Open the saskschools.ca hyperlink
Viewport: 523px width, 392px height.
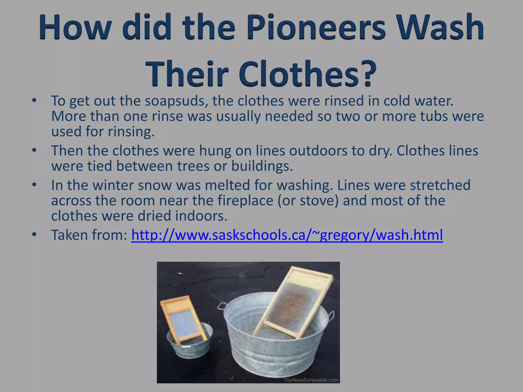click(287, 235)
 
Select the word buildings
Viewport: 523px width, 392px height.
click(262, 166)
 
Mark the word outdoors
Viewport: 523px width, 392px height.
click(318, 151)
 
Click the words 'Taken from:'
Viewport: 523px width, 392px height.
click(89, 235)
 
